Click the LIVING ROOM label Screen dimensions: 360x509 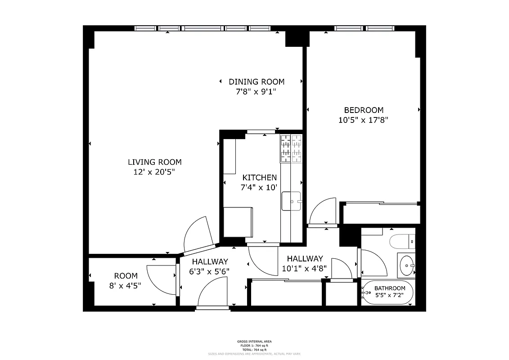click(154, 162)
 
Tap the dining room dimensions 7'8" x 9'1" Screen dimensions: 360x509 click(256, 92)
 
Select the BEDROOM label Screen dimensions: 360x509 click(364, 110)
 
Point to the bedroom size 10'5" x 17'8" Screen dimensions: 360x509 click(363, 120)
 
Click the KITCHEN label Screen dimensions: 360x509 click(259, 177)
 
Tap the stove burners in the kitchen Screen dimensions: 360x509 click(291, 149)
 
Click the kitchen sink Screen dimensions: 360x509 click(291, 201)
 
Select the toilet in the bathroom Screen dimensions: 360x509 click(402, 242)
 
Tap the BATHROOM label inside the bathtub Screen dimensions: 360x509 click(390, 288)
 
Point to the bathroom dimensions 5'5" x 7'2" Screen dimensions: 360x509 click(390, 295)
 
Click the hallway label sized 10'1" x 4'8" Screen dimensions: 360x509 click(305, 259)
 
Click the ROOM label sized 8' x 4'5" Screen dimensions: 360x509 click(126, 276)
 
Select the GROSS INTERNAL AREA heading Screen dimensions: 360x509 click(254, 342)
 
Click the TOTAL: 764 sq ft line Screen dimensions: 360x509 click(254, 350)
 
